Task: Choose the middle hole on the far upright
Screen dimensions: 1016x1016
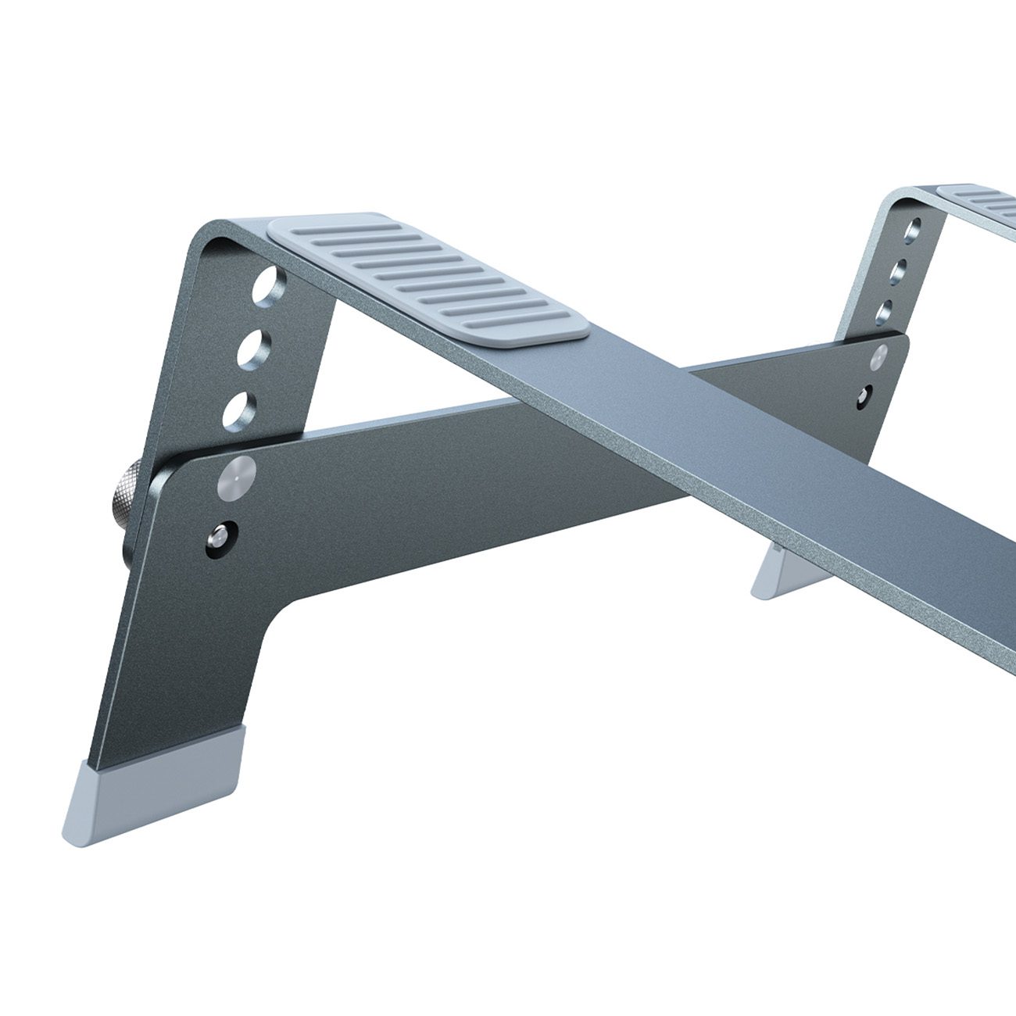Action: pos(903,270)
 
